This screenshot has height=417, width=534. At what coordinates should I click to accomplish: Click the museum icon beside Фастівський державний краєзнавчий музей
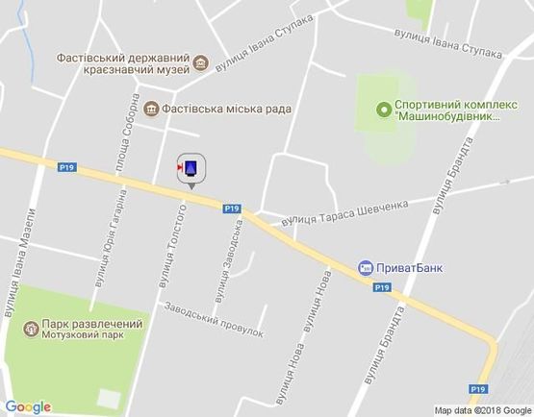[200, 64]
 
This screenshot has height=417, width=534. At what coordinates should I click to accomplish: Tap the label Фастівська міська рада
[226, 110]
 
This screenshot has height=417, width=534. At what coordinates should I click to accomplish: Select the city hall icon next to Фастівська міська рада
[152, 110]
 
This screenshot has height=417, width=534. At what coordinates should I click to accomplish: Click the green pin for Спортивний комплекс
[384, 108]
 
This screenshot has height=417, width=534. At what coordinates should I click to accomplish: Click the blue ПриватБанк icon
[365, 268]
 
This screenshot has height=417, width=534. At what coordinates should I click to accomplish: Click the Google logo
[28, 406]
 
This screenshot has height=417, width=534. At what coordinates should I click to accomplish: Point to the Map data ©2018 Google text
[483, 410]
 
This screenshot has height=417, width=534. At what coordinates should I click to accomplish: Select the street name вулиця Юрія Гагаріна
[111, 238]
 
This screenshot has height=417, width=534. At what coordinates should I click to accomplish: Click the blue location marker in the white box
[191, 169]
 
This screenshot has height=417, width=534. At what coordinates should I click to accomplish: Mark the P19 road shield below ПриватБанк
[382, 287]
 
